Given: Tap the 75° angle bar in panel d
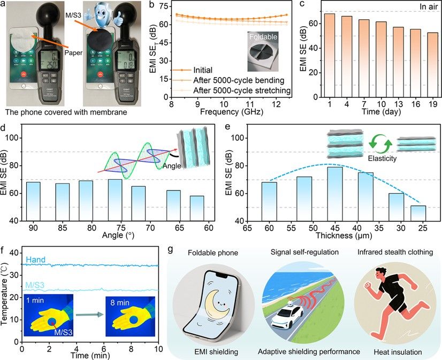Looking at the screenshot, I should click(x=115, y=200).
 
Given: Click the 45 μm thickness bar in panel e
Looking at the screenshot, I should click(x=335, y=193).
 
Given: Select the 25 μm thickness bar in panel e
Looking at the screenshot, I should click(x=418, y=213).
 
